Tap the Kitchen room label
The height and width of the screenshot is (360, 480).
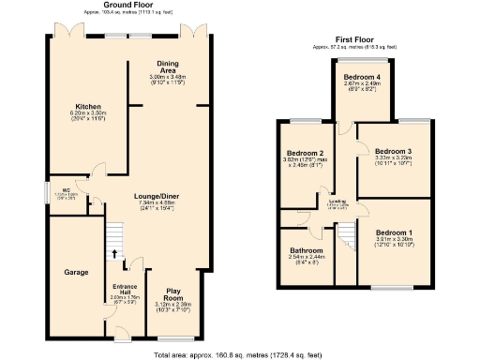click(88, 107)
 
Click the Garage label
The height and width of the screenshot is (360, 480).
click(76, 272)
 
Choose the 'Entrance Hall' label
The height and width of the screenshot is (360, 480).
click(125, 288)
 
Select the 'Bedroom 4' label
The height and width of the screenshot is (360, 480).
click(361, 77)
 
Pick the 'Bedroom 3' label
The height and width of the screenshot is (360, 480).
click(393, 151)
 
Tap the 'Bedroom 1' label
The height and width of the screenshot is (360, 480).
click(394, 232)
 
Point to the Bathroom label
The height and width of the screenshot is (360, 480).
click(307, 251)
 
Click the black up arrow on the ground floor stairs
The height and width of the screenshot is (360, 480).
click(115, 253)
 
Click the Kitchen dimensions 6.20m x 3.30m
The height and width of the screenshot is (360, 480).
click(88, 113)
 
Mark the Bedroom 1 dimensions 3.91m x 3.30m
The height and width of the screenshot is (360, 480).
click(394, 239)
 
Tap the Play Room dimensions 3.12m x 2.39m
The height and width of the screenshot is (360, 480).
click(172, 305)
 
